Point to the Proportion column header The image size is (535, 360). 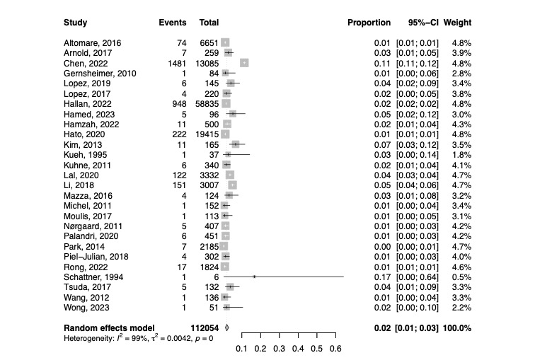[x=369, y=23]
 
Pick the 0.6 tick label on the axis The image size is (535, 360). [x=335, y=349]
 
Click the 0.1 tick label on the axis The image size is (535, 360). [x=241, y=349]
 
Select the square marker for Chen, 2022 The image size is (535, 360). [x=244, y=63]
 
